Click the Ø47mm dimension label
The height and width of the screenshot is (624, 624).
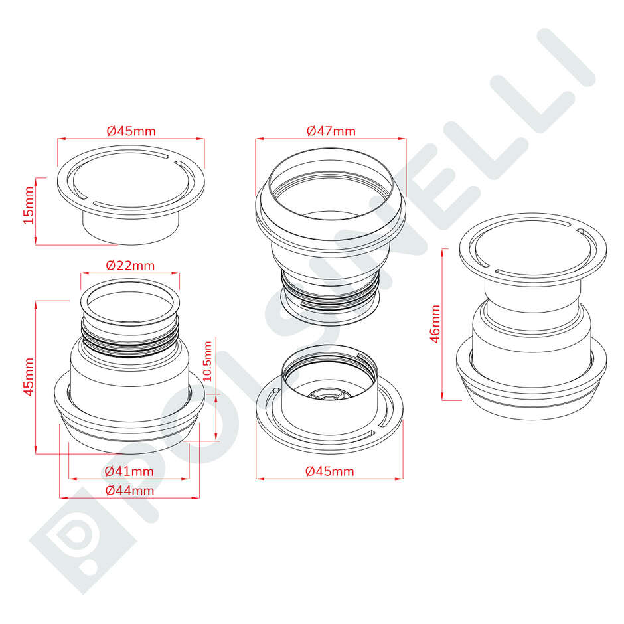coord(331,131)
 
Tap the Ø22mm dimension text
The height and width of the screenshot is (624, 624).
coord(130,265)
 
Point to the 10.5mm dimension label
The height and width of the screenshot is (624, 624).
coord(208,360)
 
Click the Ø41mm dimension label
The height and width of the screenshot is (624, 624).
coord(129,471)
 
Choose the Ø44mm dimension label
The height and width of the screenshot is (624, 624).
coord(129,491)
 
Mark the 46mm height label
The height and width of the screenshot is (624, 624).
coord(435,323)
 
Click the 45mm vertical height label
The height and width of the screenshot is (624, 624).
coord(28,377)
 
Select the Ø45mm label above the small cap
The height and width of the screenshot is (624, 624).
coord(131,131)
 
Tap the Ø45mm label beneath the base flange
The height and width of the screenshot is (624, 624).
coord(330,471)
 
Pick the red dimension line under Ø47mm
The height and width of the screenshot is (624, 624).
coord(331,138)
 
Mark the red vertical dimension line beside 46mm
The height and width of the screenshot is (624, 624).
coord(443,325)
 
